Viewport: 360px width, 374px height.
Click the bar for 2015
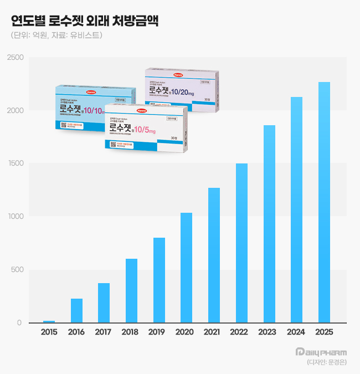(x=49, y=321)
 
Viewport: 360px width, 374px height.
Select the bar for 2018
(x=131, y=290)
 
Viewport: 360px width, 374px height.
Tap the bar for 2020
(x=187, y=268)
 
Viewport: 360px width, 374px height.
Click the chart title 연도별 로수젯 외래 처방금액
(x=85, y=22)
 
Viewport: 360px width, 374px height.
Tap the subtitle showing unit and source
(x=56, y=35)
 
